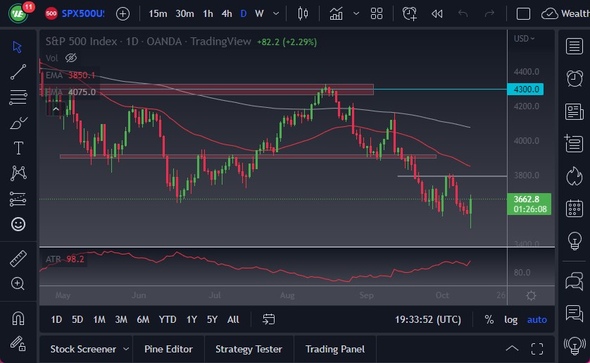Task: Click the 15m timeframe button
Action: pyautogui.click(x=158, y=13)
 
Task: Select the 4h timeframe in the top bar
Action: pyautogui.click(x=227, y=13)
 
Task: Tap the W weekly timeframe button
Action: pyautogui.click(x=259, y=13)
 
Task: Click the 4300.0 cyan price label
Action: pyautogui.click(x=527, y=90)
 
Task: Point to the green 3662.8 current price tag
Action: pyautogui.click(x=527, y=199)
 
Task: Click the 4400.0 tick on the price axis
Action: pyautogui.click(x=527, y=72)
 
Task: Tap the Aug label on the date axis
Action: pyautogui.click(x=287, y=295)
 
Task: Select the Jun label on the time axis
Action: pyautogui.click(x=138, y=295)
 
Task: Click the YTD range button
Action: pyautogui.click(x=168, y=319)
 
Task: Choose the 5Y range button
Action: pyautogui.click(x=212, y=319)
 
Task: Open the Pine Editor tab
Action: pyautogui.click(x=168, y=349)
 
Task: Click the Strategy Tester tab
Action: pyautogui.click(x=249, y=349)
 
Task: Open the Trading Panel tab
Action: pyautogui.click(x=335, y=349)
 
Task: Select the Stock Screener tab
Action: pyautogui.click(x=84, y=349)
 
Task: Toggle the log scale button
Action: pyautogui.click(x=511, y=319)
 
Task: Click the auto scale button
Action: pyautogui.click(x=537, y=319)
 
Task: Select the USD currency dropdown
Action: pyautogui.click(x=524, y=39)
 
